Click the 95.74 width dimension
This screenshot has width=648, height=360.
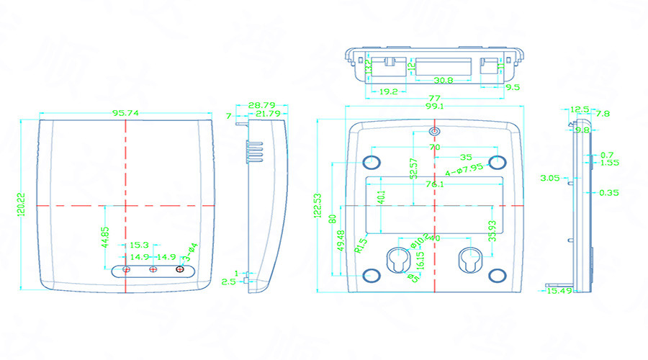125,113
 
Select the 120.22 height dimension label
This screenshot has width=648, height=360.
22,205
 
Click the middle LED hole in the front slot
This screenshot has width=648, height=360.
153,269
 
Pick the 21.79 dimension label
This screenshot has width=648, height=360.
267,114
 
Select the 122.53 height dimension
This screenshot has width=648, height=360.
317,204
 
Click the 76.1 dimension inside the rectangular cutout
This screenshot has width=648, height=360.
434,184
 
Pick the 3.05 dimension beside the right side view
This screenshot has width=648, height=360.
552,176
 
